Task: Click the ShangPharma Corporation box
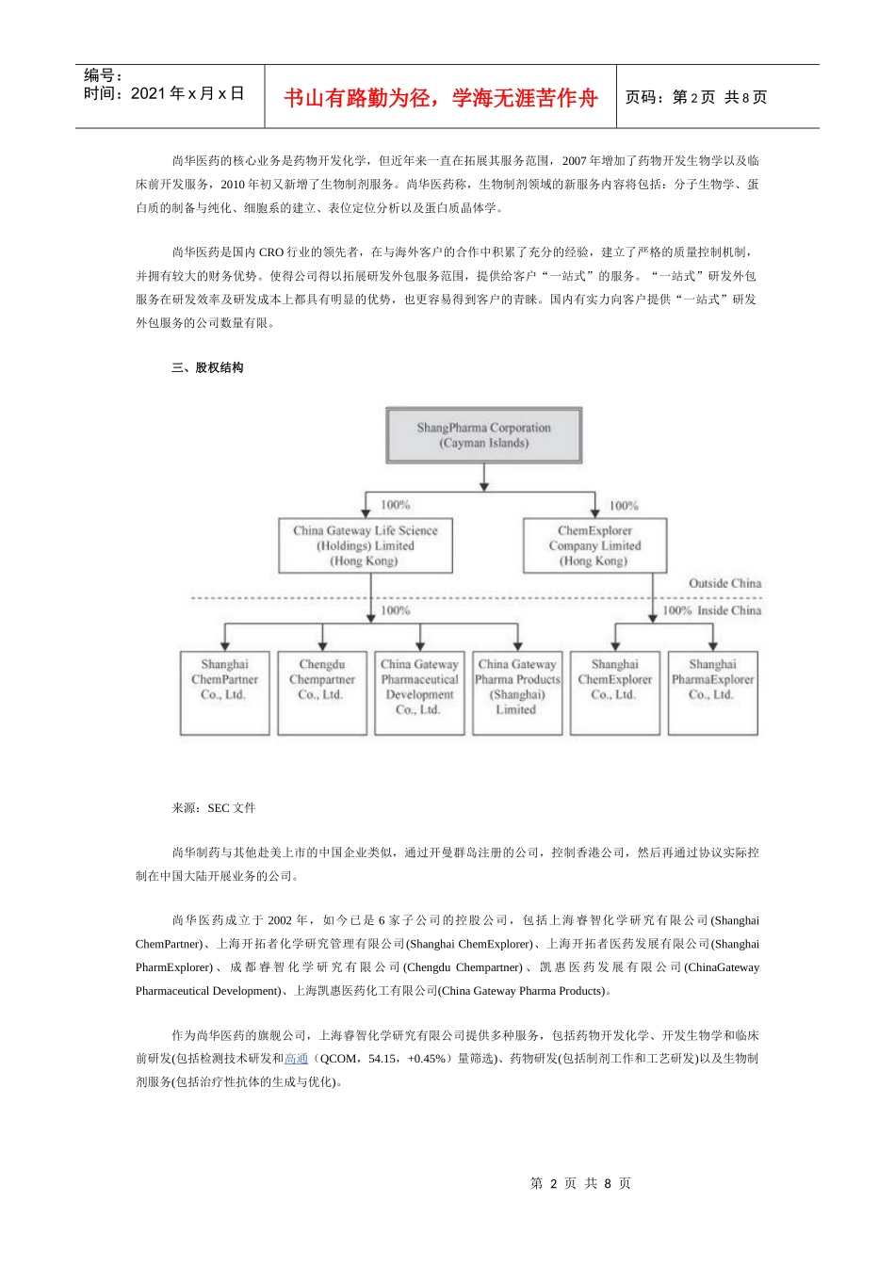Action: tap(483, 435)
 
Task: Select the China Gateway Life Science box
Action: tap(366, 545)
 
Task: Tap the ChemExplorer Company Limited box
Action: tap(594, 545)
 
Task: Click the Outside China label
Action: tap(724, 583)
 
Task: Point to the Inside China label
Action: tap(729, 610)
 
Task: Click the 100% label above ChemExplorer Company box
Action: tap(624, 506)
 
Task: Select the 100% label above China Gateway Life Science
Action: tap(395, 505)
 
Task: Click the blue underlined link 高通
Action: tap(297, 1059)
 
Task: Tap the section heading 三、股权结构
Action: tap(207, 367)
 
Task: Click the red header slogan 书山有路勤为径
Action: tap(441, 98)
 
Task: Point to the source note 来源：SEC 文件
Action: tap(214, 808)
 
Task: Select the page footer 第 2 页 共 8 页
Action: tap(580, 1183)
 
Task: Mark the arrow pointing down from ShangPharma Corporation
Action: tap(483, 480)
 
